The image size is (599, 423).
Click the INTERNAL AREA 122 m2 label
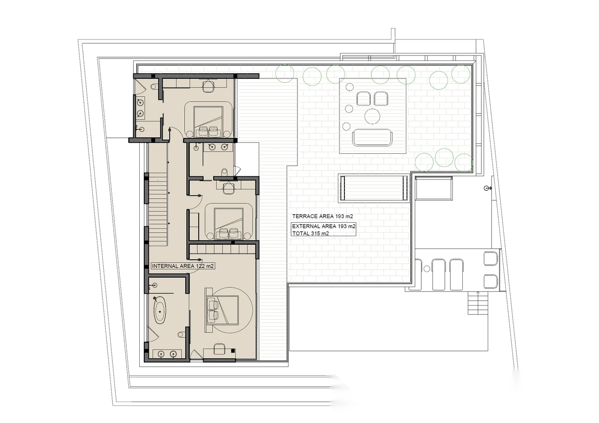point(183,266)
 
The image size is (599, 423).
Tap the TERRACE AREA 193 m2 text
point(322,216)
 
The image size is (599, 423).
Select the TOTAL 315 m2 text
point(310,233)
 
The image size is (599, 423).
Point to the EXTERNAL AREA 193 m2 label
point(324,226)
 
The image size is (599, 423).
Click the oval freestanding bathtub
point(160,312)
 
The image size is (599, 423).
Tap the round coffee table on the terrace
point(372,116)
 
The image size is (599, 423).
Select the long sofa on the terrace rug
point(372,137)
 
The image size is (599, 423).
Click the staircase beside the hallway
point(158,209)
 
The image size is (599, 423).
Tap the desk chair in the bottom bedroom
point(220,349)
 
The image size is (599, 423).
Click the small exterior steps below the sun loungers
point(478,303)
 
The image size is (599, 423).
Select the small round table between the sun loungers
point(427,268)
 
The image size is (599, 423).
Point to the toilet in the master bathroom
point(181,334)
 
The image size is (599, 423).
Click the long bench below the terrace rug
point(373,188)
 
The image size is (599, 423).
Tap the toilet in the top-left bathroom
point(154,87)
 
